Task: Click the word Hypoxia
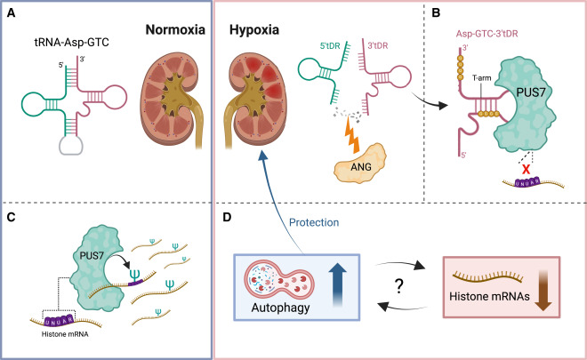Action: [x=253, y=30]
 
